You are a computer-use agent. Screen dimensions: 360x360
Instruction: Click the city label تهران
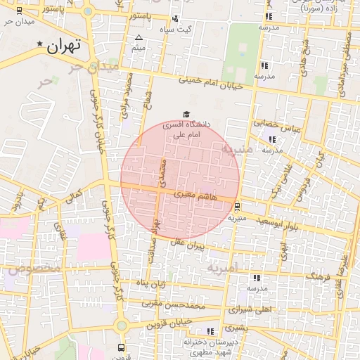coord(64,46)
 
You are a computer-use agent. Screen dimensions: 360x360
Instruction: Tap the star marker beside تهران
coord(40,44)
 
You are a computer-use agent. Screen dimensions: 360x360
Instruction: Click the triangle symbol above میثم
coord(139,37)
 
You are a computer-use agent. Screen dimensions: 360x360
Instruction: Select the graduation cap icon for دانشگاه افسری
coord(186,114)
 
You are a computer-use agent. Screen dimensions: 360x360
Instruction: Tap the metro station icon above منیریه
coord(237,207)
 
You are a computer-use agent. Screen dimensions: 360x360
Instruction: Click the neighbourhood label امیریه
coord(224,267)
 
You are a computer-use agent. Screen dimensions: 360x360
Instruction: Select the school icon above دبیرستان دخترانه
coord(210,330)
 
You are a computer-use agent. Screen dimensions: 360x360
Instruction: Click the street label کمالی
coord(73,197)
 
